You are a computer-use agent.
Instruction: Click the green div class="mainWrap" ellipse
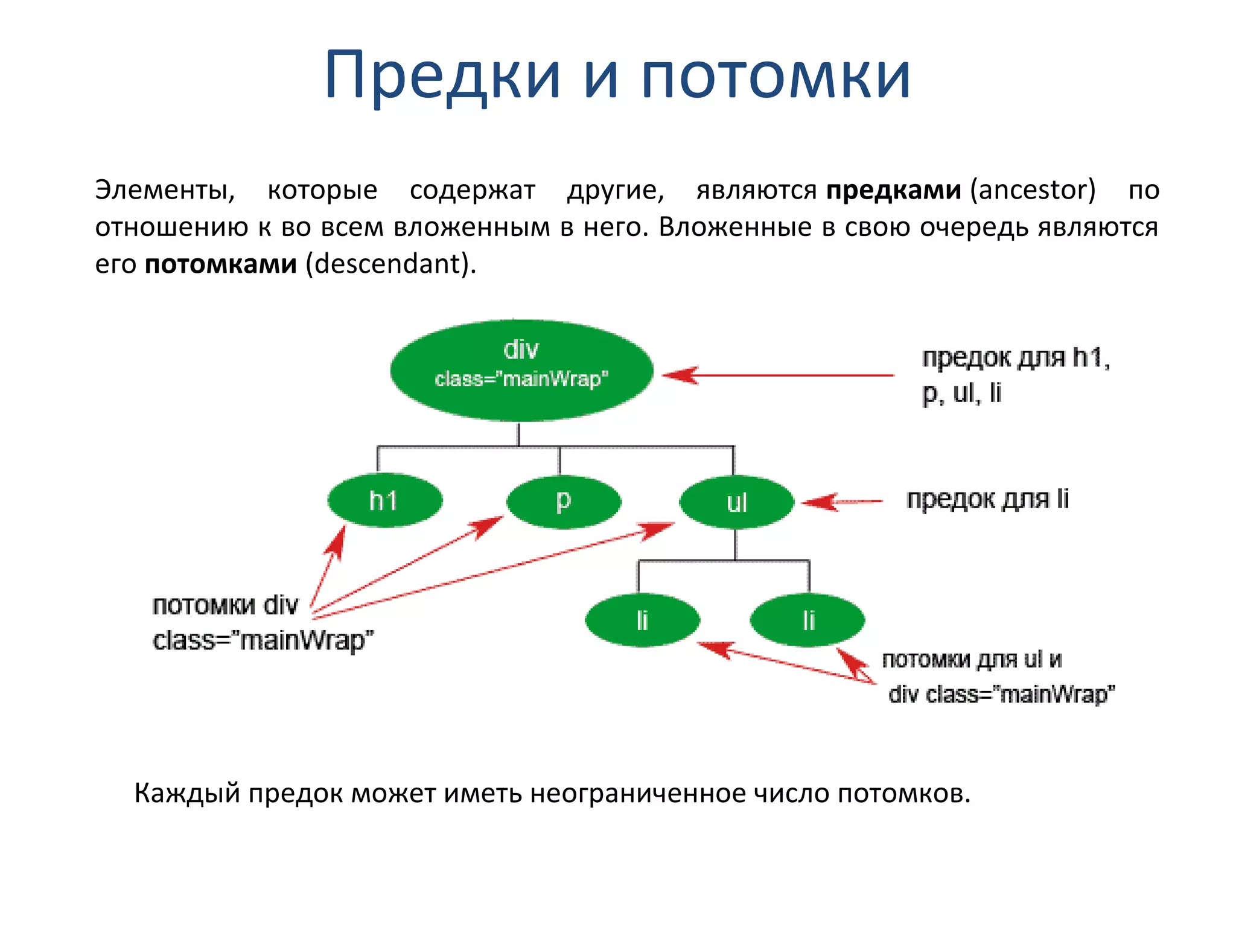coord(521,370)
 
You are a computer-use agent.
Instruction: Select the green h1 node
coord(384,500)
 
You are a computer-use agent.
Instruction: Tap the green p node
coord(563,502)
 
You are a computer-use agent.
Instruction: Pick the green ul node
coord(736,502)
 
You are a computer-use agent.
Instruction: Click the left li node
coord(642,620)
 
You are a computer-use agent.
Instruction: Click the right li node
coord(808,620)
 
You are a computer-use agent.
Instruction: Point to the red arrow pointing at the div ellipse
coord(779,375)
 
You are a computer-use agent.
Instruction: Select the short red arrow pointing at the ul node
coord(842,502)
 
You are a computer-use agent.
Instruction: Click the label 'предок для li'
coord(987,500)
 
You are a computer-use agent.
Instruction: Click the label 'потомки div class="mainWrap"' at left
coord(263,623)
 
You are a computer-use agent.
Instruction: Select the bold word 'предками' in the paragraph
coord(893,190)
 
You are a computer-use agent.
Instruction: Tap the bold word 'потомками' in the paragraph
coord(221,264)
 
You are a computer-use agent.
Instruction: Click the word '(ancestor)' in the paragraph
coord(1033,190)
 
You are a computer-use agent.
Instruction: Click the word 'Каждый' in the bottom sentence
coord(186,793)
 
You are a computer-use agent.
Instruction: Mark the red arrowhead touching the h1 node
coord(336,539)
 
